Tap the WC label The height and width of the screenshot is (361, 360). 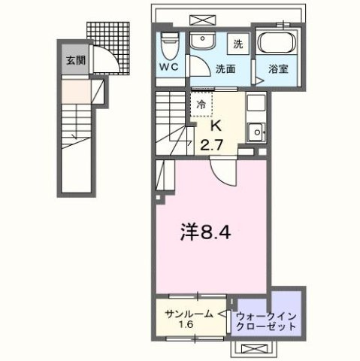[x=168, y=66]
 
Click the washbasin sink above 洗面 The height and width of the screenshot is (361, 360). [x=201, y=41]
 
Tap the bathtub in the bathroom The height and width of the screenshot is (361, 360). [x=278, y=44]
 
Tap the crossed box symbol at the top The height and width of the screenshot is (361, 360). [x=199, y=17]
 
